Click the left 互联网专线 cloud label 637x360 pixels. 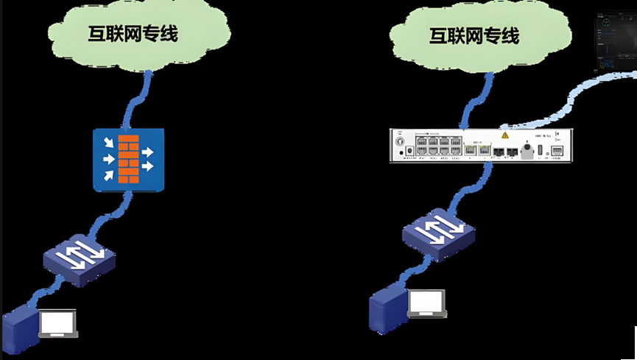133,34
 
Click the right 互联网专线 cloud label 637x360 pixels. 474,36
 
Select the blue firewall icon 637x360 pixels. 129,160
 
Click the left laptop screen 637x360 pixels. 58,322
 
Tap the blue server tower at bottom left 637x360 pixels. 18,332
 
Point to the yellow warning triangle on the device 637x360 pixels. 506,136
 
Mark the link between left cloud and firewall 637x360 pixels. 140,99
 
